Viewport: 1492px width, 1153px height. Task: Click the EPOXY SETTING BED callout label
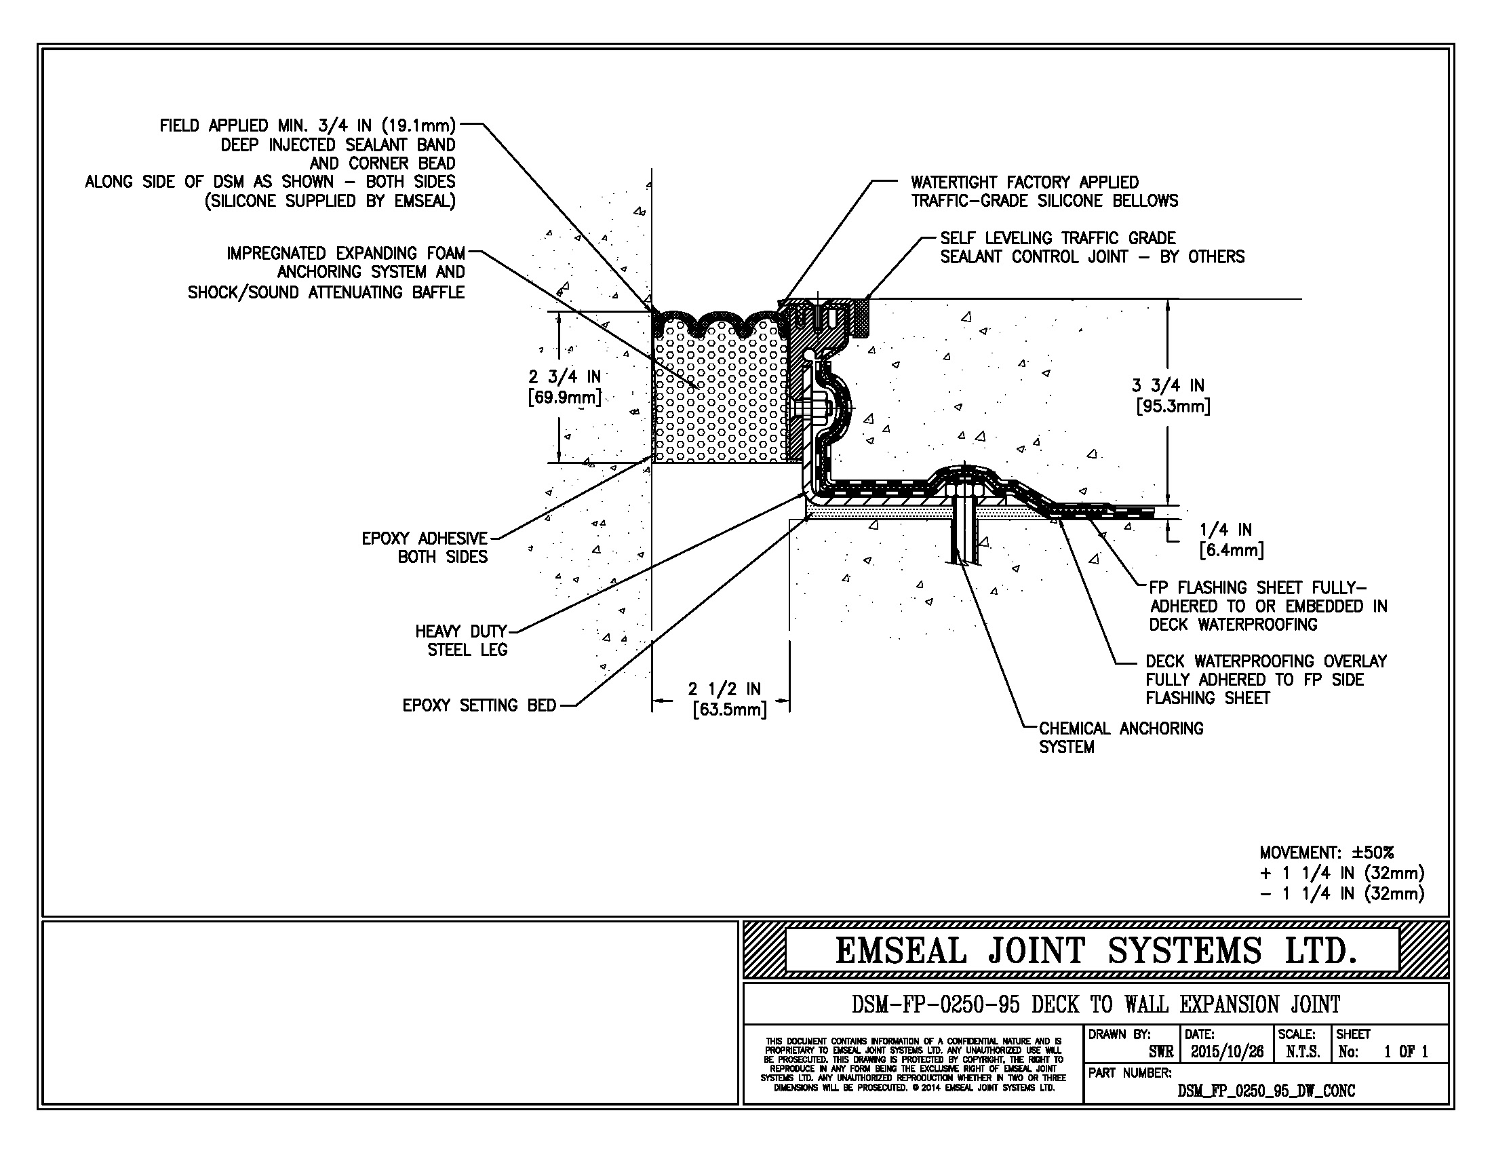click(479, 705)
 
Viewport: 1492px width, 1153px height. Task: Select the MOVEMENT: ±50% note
click(1327, 853)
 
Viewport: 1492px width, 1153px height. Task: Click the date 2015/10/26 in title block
click(1227, 1052)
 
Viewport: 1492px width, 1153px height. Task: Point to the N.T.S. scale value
click(1302, 1052)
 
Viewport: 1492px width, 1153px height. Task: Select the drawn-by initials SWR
click(1160, 1052)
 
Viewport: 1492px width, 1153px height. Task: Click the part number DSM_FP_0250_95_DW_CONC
click(1266, 1091)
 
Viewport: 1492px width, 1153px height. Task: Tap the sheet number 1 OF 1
click(1405, 1052)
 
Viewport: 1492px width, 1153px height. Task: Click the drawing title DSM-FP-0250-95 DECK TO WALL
click(1095, 1004)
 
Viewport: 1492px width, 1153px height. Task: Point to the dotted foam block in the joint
click(718, 396)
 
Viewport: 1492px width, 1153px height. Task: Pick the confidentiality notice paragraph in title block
click(913, 1064)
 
